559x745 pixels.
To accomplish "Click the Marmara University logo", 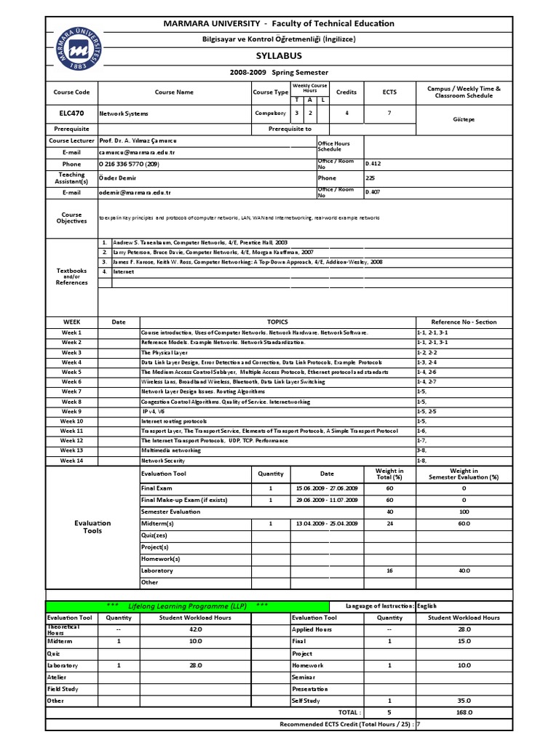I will pos(71,49).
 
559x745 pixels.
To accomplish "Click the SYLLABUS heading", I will pos(279,56).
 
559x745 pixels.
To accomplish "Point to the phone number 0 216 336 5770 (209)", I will pos(130,164).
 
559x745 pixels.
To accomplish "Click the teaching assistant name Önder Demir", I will pos(117,178).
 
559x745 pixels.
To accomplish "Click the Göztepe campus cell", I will pos(464,119).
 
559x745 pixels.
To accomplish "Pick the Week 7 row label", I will pos(71,391).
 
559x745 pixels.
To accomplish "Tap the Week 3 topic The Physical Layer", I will pos(164,352).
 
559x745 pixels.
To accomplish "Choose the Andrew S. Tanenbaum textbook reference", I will pos(200,242).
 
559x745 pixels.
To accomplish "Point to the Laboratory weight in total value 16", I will pos(389,571).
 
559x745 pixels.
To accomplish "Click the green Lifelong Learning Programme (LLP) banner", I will pos(186,605).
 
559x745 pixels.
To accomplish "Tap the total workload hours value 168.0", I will pos(464,713).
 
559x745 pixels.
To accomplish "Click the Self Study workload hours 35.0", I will pos(464,701).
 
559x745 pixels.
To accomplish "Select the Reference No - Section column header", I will pos(464,322).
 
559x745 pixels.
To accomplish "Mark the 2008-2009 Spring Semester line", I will pos(279,73).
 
